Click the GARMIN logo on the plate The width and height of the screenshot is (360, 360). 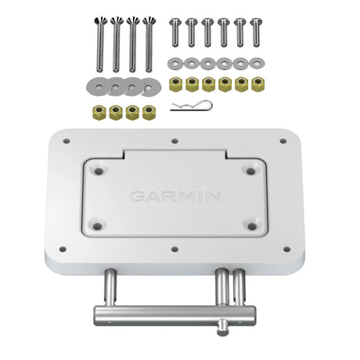point(175,196)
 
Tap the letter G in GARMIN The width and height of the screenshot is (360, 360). point(137,196)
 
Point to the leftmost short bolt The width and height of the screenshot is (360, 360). point(175,32)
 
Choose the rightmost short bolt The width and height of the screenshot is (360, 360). point(256,32)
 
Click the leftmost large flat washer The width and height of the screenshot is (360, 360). point(92,83)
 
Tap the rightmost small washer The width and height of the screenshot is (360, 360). point(257,63)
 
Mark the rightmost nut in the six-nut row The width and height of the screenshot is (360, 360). point(257,84)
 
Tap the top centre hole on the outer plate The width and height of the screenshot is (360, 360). point(175,142)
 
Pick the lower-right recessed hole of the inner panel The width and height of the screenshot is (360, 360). point(249,227)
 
